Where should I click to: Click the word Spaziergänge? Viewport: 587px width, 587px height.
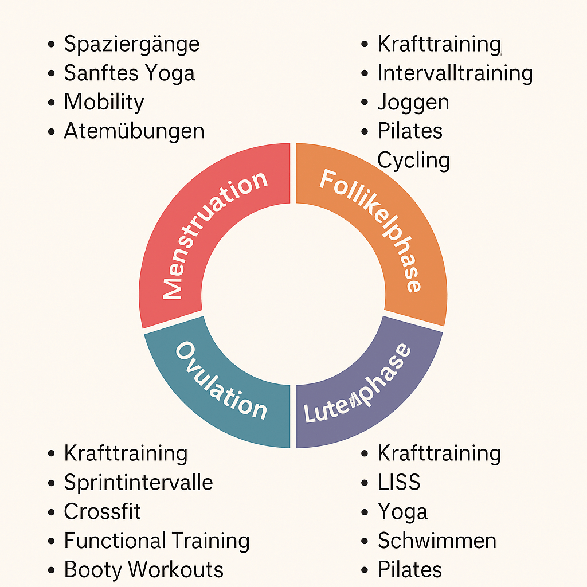tap(131, 44)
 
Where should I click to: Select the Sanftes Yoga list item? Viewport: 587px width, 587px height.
tap(129, 73)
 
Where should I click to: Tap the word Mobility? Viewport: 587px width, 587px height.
tap(104, 102)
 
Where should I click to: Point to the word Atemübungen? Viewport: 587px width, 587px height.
tap(134, 131)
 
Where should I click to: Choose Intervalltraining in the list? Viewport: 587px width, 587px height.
tap(455, 73)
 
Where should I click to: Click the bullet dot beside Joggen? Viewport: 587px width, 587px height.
tap(365, 103)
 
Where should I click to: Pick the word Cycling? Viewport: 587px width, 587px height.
tap(413, 161)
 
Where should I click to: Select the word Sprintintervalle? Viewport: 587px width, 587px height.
tap(138, 483)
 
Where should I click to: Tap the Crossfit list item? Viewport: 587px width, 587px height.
tap(102, 511)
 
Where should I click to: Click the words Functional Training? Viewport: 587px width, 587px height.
tap(156, 541)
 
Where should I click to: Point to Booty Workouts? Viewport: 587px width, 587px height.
tap(143, 570)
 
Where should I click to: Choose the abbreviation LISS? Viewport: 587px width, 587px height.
tap(398, 483)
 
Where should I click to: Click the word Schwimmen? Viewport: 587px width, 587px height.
tap(437, 541)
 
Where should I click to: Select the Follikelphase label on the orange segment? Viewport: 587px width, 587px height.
tap(373, 229)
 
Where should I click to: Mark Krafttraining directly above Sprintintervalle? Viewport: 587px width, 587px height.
tap(126, 453)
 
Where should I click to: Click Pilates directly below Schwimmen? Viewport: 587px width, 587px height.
tap(409, 570)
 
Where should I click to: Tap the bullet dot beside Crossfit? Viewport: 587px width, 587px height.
tap(52, 512)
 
